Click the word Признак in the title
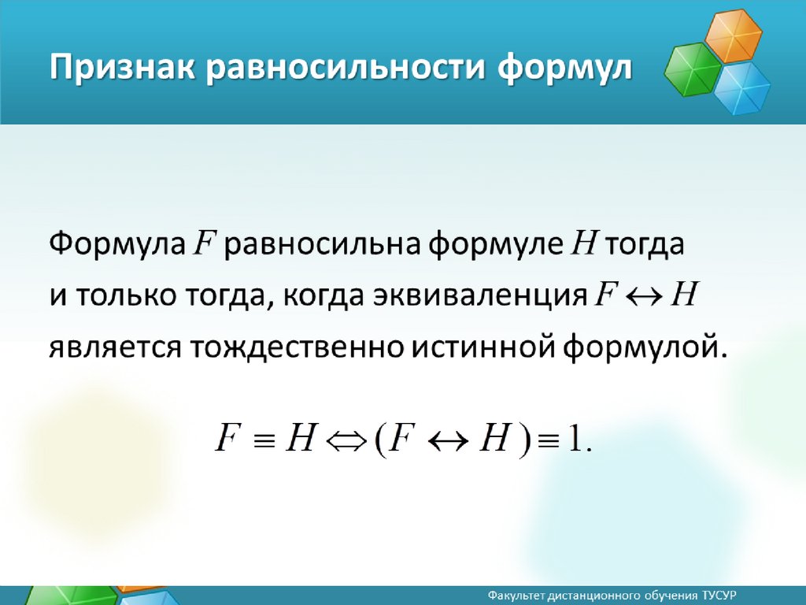point(122,69)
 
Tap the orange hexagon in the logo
point(733,36)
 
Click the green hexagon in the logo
point(693,69)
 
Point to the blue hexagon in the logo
point(741,88)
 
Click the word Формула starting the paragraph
point(117,243)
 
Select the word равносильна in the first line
point(322,245)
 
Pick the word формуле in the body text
point(496,245)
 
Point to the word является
point(115,347)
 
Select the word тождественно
point(299,347)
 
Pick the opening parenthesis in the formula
point(380,440)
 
